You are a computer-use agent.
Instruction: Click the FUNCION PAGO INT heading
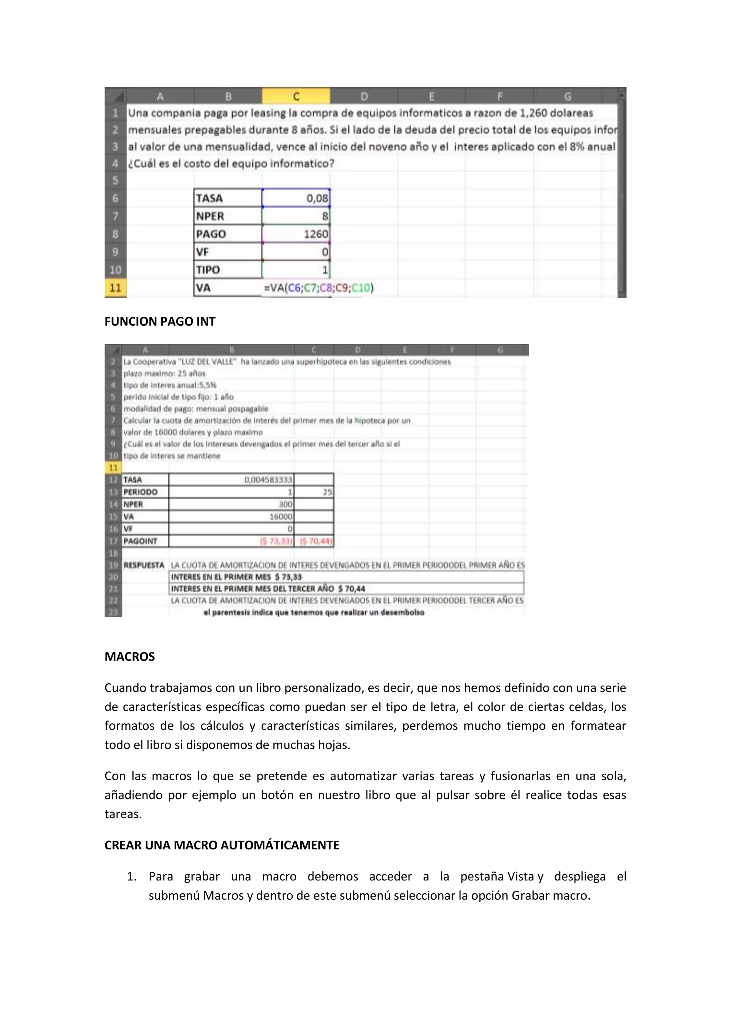(x=160, y=322)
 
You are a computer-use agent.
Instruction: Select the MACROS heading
(x=130, y=657)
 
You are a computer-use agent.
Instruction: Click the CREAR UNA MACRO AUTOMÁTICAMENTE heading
(x=222, y=845)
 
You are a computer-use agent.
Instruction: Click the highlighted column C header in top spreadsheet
(x=296, y=96)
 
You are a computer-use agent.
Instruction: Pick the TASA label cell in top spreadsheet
(x=228, y=198)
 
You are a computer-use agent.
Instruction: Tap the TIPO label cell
(x=228, y=270)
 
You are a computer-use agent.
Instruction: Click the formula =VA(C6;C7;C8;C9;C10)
(x=319, y=288)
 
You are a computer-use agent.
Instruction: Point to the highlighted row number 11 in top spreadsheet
(x=115, y=288)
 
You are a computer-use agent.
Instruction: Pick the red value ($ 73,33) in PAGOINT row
(x=276, y=541)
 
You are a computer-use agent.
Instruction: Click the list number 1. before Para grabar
(x=131, y=877)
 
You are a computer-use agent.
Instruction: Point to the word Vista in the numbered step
(x=521, y=877)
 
